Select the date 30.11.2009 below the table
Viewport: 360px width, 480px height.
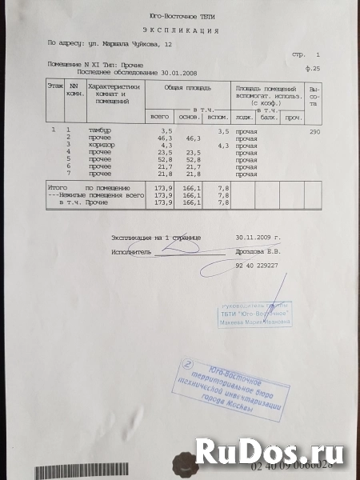pos(255,238)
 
